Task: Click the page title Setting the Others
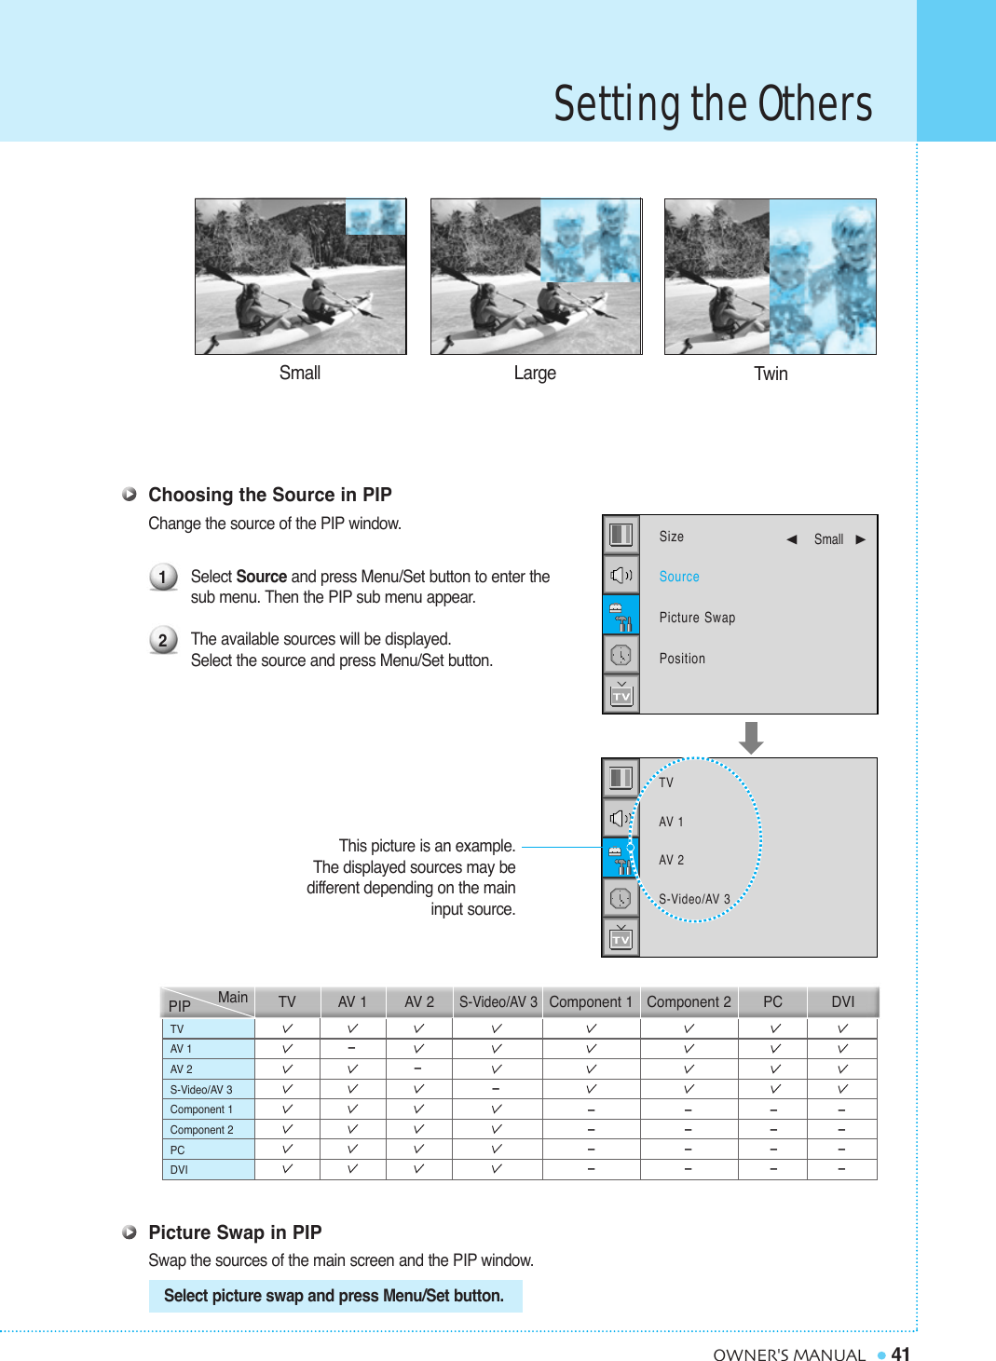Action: (713, 103)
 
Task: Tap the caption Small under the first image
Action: (299, 373)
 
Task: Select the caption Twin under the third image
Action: (771, 374)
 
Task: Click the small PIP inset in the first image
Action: (375, 216)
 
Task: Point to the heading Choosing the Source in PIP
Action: (269, 495)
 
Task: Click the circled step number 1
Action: (163, 578)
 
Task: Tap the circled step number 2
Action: (163, 640)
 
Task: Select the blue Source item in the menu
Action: (678, 577)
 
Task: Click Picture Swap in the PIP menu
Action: (697, 618)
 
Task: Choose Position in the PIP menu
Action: (682, 659)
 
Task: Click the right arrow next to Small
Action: (861, 539)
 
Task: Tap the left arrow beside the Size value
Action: (791, 539)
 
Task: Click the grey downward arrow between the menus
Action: (751, 738)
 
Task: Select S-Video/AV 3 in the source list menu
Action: (694, 899)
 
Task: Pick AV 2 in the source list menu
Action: (671, 860)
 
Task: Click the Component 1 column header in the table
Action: (591, 1001)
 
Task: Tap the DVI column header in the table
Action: (842, 1001)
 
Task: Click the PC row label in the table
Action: (178, 1150)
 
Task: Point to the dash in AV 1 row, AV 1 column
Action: (352, 1048)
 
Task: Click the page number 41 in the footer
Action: (900, 1354)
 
